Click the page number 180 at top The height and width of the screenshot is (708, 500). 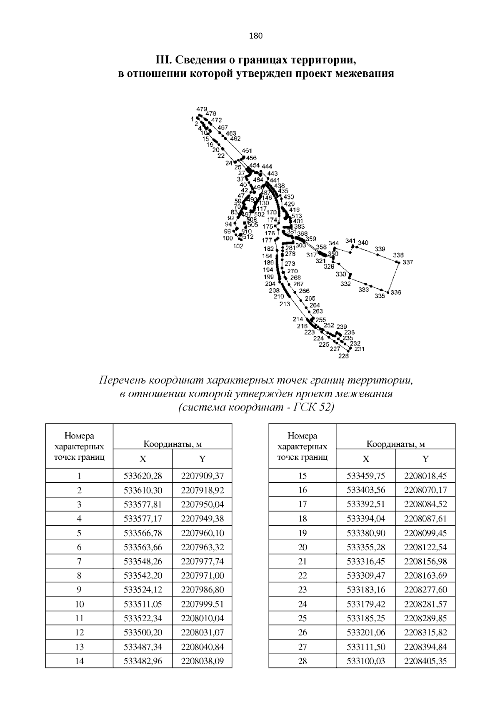(x=255, y=36)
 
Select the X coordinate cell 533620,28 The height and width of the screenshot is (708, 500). (x=142, y=476)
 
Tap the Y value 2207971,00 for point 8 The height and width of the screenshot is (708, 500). (x=202, y=576)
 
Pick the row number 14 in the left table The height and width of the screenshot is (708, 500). (x=79, y=661)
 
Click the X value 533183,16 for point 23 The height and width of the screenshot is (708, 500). (x=366, y=590)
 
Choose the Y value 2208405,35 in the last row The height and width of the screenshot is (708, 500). (x=425, y=661)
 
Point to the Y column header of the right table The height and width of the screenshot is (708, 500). (x=425, y=459)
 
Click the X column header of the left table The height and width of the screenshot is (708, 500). (x=142, y=459)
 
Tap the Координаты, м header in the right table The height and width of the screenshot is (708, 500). (x=395, y=444)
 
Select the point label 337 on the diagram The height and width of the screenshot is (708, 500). (x=407, y=262)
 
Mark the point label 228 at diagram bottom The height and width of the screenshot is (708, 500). (x=343, y=356)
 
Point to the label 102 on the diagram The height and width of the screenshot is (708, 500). (x=238, y=246)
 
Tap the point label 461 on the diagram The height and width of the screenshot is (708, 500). (x=247, y=151)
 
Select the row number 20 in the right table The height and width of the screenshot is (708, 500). (x=302, y=547)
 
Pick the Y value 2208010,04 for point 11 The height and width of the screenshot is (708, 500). (x=202, y=618)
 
